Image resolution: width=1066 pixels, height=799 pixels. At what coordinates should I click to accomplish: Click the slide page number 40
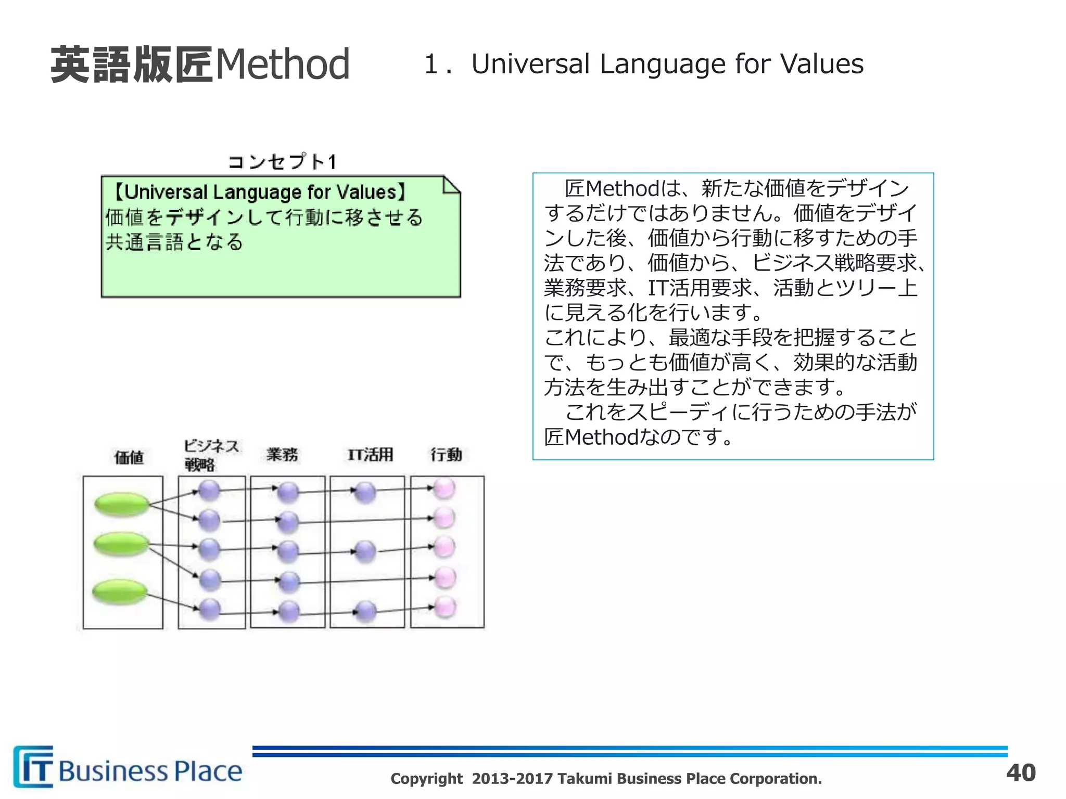pos(1021,772)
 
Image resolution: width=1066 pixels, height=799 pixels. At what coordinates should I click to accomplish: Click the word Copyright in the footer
pos(426,779)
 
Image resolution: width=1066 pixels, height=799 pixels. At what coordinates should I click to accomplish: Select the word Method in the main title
pos(282,65)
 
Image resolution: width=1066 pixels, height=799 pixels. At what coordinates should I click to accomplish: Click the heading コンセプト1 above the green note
pos(283,162)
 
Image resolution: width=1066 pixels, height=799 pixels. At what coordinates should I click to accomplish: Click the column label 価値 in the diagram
pos(129,457)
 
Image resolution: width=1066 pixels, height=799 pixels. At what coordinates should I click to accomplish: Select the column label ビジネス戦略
pos(211,455)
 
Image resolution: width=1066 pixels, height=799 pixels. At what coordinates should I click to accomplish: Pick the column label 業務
pos(282,455)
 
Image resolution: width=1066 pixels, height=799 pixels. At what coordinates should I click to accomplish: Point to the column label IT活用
pos(370,455)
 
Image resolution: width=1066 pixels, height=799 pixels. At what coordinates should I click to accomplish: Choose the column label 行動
pos(446,455)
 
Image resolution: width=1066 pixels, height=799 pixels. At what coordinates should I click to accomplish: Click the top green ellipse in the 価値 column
pos(122,504)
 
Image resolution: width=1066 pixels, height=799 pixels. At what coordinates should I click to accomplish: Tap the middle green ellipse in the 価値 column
pos(121,544)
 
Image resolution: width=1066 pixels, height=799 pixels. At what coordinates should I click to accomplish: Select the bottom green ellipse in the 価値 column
pos(120,591)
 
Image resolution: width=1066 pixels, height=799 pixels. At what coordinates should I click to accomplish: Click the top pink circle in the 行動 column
pos(445,488)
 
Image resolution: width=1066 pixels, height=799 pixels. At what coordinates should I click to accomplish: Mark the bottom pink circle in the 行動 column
pos(446,607)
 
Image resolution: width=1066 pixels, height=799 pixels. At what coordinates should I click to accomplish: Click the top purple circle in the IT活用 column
pos(365,492)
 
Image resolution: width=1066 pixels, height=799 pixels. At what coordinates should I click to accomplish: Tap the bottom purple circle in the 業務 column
pos(288,611)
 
